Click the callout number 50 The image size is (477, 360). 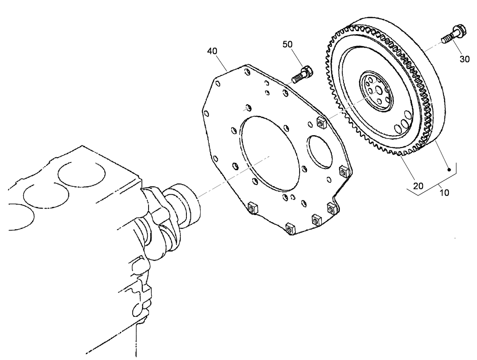tap(288, 45)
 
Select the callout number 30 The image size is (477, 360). tap(465, 59)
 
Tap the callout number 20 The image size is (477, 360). tap(418, 186)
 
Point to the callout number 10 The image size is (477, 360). tap(444, 193)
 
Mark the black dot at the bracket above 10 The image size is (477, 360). tap(449, 170)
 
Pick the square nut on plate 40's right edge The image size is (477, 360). tap(344, 171)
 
